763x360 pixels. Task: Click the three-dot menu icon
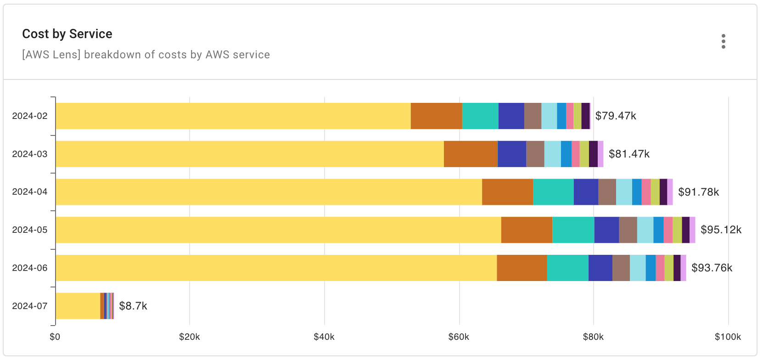click(x=723, y=41)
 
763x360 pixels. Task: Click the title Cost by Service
click(x=67, y=34)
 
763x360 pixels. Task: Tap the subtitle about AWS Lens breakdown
click(x=146, y=55)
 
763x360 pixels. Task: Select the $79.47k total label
click(x=615, y=116)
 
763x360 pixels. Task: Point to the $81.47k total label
click(x=629, y=154)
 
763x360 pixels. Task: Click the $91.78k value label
click(x=698, y=192)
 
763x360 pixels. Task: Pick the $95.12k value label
click(x=721, y=230)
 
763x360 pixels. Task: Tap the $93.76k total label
click(x=712, y=268)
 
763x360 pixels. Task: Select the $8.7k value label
click(x=133, y=306)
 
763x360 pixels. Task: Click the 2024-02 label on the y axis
click(x=30, y=116)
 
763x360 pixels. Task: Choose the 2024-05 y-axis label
click(x=30, y=230)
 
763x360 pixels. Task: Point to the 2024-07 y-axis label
click(x=30, y=306)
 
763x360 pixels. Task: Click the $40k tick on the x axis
click(x=324, y=337)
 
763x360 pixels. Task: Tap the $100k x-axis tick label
click(x=728, y=337)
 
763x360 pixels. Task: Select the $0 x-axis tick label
click(x=55, y=337)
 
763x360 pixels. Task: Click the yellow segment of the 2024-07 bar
click(x=78, y=306)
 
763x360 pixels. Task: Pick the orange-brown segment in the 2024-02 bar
click(x=436, y=116)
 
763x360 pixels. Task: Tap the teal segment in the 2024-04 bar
click(x=553, y=192)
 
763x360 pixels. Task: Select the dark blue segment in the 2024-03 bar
click(x=512, y=154)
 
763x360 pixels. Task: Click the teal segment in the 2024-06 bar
click(x=567, y=268)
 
